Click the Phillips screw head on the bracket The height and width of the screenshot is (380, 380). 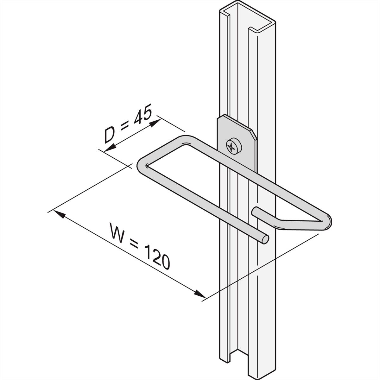point(234,146)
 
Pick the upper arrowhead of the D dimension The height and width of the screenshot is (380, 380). point(155,123)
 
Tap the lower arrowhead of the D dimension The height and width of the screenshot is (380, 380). point(110,148)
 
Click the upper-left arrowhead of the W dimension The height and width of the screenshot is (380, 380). point(59,214)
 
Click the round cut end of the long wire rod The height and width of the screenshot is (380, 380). point(265,240)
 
